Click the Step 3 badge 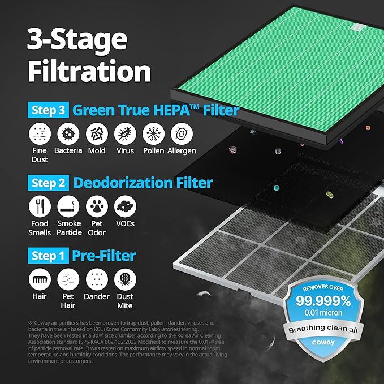48,110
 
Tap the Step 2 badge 48,183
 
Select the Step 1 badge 48,256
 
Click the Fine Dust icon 40,133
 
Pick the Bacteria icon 68,133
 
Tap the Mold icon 97,133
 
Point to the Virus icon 125,133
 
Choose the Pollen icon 154,133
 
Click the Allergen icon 182,133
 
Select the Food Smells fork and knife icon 40,206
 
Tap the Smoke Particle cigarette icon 68,206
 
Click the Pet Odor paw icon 97,206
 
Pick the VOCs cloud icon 125,206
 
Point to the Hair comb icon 40,279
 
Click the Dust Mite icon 125,279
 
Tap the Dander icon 97,279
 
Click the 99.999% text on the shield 323,300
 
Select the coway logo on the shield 323,342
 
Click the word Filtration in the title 89,71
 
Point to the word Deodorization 123,183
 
